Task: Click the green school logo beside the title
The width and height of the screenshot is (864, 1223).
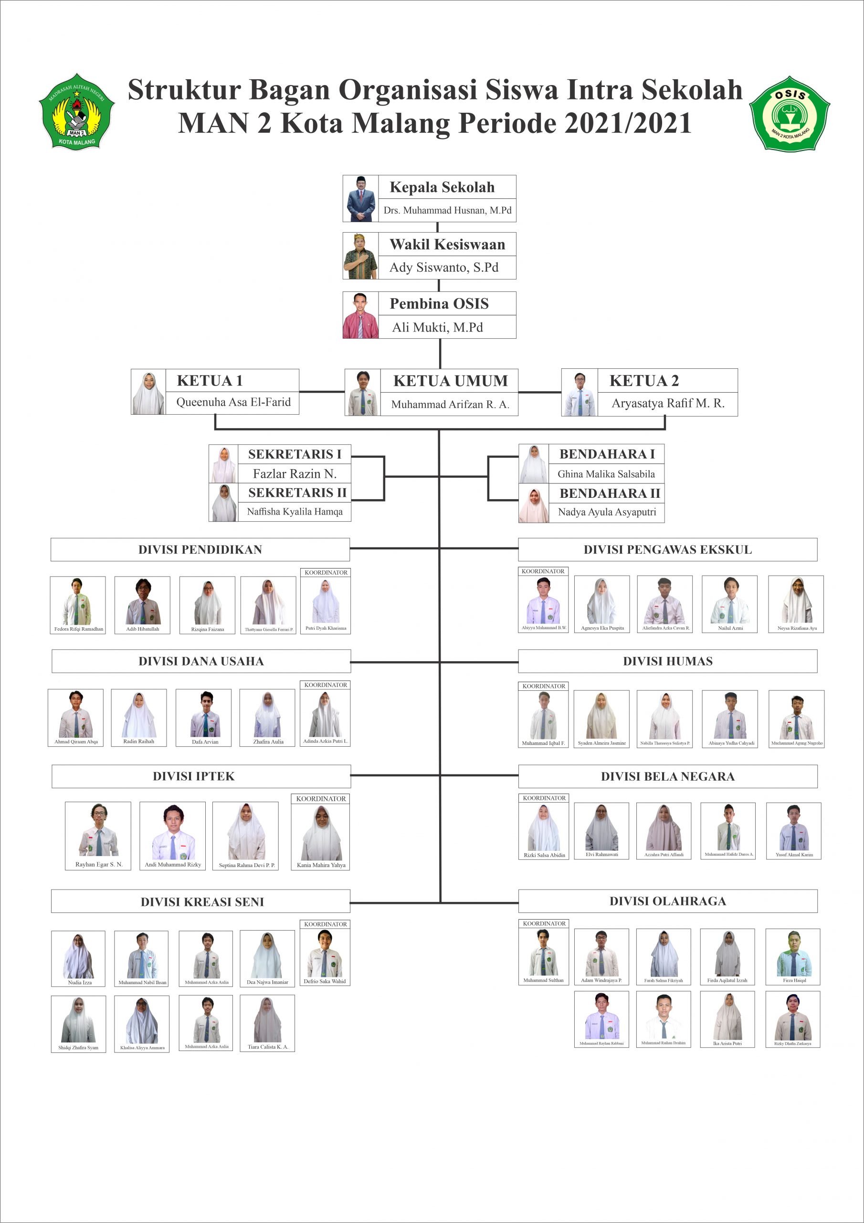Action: (77, 112)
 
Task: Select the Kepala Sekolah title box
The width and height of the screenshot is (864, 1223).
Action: (442, 187)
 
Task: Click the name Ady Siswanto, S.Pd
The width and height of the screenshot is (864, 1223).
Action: (444, 268)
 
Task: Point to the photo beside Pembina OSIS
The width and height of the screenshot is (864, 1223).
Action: (360, 315)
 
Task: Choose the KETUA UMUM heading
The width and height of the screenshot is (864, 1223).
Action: (450, 381)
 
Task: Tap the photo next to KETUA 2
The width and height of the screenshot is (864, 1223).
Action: (579, 393)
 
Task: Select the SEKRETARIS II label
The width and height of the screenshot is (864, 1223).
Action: (297, 493)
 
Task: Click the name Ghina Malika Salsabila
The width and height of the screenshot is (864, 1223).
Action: (606, 474)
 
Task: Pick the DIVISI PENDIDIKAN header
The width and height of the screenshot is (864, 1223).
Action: (200, 550)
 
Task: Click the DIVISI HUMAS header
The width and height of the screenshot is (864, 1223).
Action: (667, 661)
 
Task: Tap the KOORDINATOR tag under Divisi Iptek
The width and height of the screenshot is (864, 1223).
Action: (320, 798)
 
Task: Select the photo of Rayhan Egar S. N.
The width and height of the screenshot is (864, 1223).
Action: (98, 830)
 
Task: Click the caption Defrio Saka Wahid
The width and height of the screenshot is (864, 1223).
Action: (324, 981)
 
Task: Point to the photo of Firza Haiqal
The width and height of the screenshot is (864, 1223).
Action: (793, 953)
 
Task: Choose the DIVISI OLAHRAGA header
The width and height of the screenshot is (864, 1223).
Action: (667, 901)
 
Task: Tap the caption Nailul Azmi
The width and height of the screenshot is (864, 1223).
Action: (730, 628)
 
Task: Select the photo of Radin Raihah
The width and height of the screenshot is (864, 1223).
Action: (139, 714)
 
